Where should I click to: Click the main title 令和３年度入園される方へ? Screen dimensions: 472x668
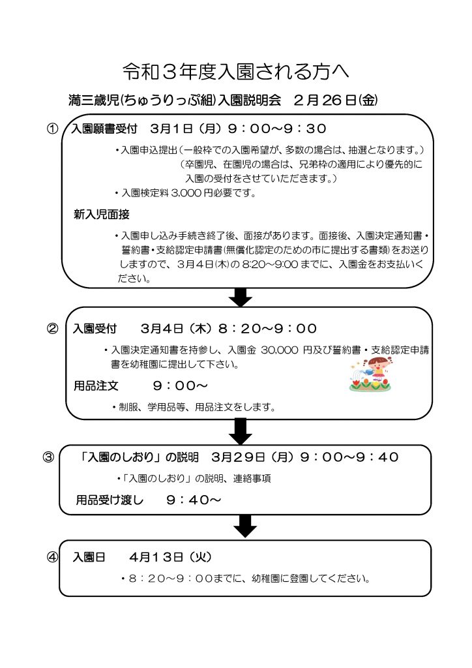pyautogui.click(x=236, y=72)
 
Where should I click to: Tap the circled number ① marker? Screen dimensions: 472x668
pyautogui.click(x=52, y=129)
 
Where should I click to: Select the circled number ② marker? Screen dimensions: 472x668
pyautogui.click(x=52, y=329)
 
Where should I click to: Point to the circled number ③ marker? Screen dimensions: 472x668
pyautogui.click(x=48, y=457)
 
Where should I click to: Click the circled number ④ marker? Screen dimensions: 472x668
pyautogui.click(x=52, y=557)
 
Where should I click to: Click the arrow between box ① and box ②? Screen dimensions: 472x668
pyautogui.click(x=241, y=297)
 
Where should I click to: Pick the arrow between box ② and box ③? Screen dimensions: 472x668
pyautogui.click(x=241, y=431)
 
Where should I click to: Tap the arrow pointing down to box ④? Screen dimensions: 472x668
pyautogui.click(x=245, y=526)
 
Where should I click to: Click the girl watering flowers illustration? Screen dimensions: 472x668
pyautogui.click(x=370, y=374)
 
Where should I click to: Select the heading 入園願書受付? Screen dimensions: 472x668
pyautogui.click(x=104, y=129)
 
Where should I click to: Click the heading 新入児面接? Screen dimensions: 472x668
pyautogui.click(x=101, y=214)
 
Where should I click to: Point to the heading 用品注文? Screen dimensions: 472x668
pyautogui.click(x=96, y=386)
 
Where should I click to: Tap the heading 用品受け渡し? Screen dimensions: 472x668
pyautogui.click(x=110, y=500)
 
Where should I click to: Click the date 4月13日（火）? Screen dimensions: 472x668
pyautogui.click(x=170, y=557)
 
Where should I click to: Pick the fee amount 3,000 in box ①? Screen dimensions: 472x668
pyautogui.click(x=186, y=193)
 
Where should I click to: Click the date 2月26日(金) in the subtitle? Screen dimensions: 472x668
pyautogui.click(x=335, y=100)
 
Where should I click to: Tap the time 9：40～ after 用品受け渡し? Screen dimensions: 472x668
pyautogui.click(x=194, y=500)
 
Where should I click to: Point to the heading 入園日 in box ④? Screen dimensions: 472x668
pyautogui.click(x=89, y=557)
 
